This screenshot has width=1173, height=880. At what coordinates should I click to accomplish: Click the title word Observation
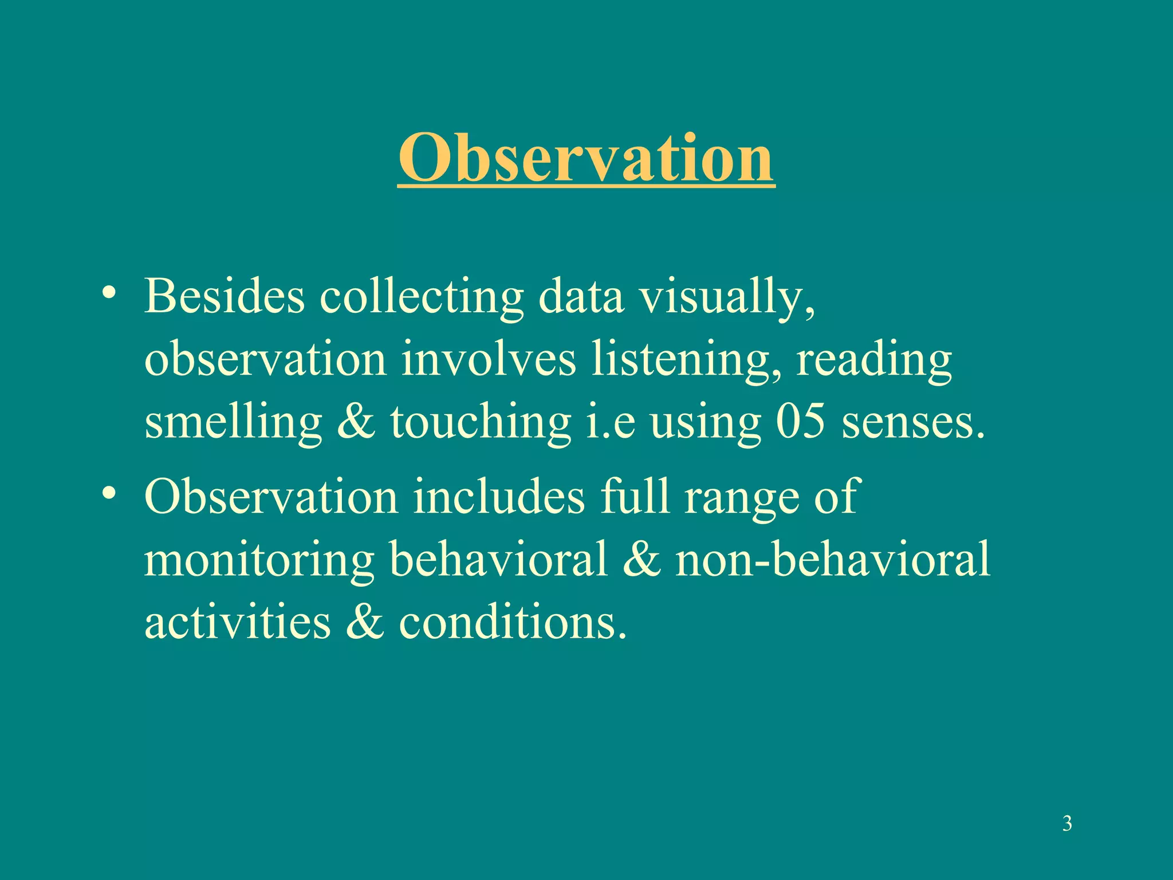(586, 158)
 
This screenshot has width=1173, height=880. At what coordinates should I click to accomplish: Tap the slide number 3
(1067, 824)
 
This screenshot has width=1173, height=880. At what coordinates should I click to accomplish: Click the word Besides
(224, 297)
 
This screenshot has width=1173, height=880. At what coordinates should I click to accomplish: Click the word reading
(874, 362)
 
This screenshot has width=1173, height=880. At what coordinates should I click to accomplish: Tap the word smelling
(233, 424)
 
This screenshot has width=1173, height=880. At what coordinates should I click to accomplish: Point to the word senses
(913, 424)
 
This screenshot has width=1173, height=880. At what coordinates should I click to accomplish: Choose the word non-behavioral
(832, 559)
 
